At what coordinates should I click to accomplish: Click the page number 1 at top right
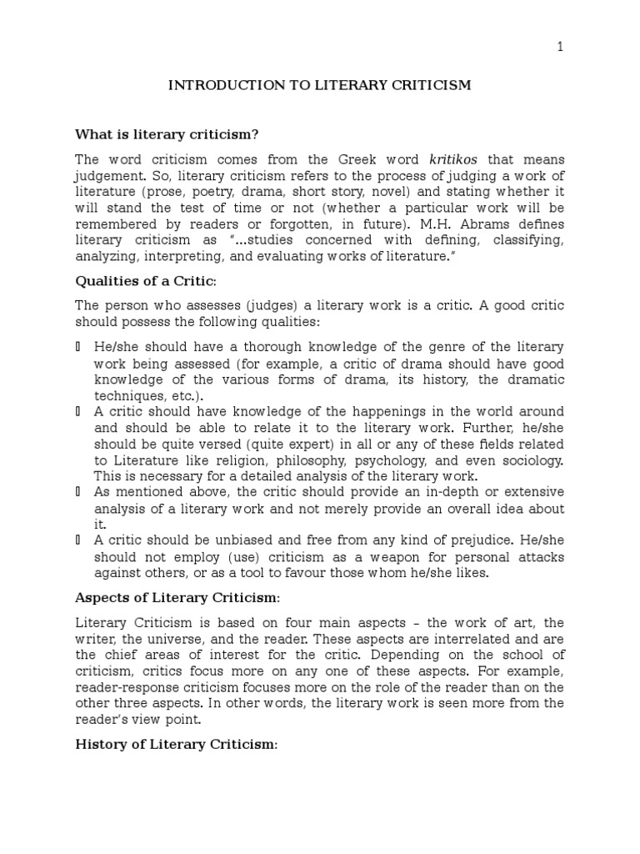coord(561,47)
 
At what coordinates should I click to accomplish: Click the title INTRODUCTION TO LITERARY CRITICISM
coord(320,85)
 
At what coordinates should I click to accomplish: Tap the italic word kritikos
coord(454,159)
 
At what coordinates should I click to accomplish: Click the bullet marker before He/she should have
coord(78,346)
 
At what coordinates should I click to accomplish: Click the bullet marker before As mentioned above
coord(78,493)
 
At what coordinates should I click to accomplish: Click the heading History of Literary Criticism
coord(175,744)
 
